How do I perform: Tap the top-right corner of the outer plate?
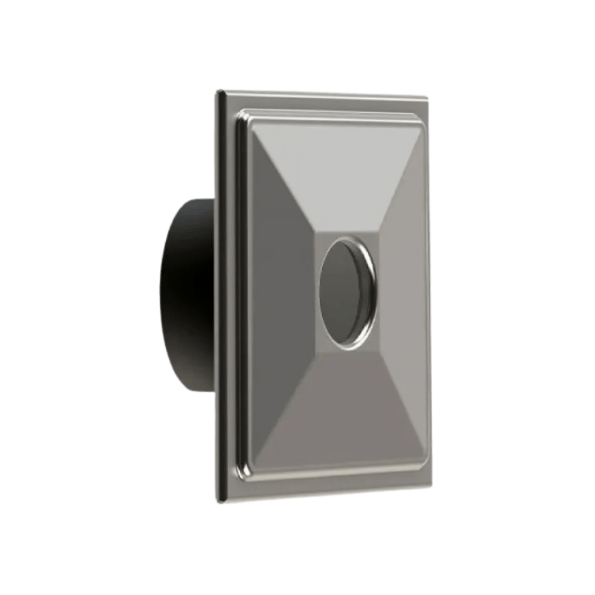(x=427, y=97)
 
